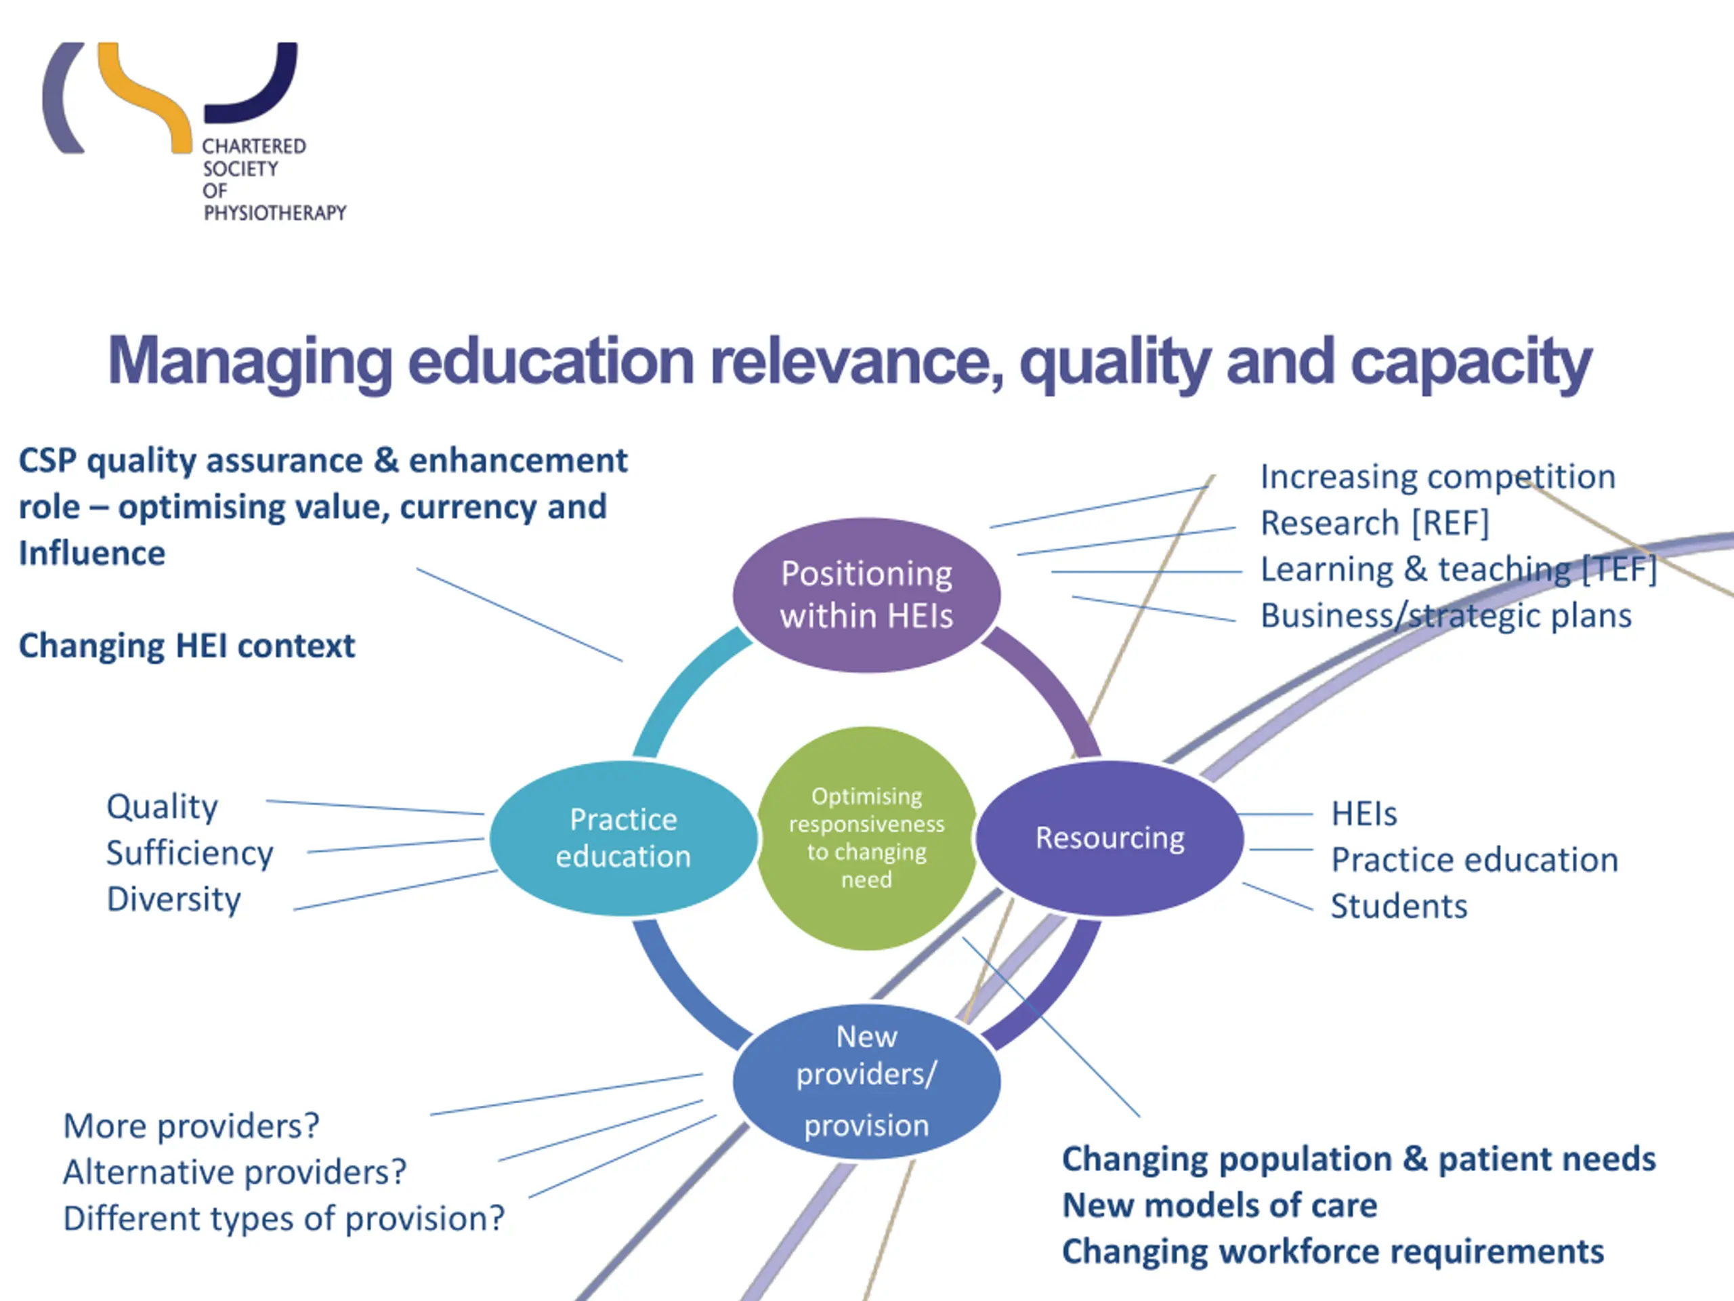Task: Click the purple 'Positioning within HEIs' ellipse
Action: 866,594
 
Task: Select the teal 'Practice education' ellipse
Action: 623,838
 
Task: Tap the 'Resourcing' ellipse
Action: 1109,838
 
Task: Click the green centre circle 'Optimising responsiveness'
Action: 866,838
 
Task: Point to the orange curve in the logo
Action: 145,98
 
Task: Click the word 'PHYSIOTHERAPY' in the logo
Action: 274,213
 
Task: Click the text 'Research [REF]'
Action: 1374,523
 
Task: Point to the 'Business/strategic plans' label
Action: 1445,615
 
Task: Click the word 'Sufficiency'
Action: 190,853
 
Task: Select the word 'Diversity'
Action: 173,899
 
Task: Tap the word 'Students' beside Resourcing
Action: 1399,907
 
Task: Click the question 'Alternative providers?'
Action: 234,1172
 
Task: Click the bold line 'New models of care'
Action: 1219,1205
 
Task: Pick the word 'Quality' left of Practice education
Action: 163,807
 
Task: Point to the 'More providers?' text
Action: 191,1126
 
